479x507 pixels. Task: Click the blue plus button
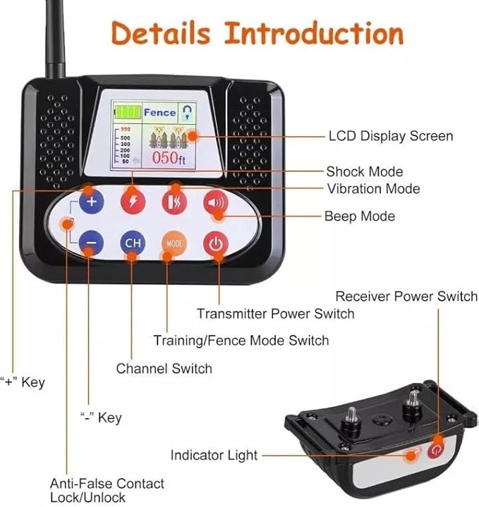tap(91, 204)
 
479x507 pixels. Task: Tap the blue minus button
tap(91, 243)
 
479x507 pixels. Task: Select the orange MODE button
tap(174, 243)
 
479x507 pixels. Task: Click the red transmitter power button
tap(216, 243)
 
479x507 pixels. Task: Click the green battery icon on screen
tap(126, 111)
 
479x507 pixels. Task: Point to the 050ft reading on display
tap(171, 158)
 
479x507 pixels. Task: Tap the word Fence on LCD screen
tap(159, 111)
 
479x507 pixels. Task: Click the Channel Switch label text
tap(164, 368)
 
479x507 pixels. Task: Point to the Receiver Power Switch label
tap(406, 296)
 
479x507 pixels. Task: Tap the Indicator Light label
tap(214, 456)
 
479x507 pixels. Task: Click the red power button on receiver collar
tap(435, 448)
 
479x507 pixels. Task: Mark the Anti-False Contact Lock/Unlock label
tap(107, 491)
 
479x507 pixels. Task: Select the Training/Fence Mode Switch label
tap(241, 341)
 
